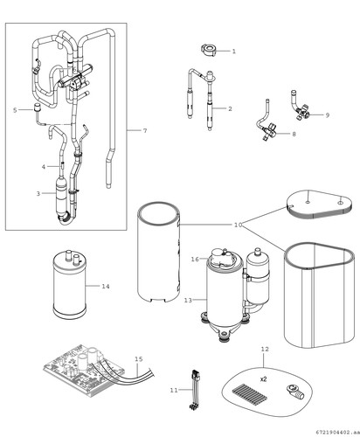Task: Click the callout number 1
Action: [233, 52]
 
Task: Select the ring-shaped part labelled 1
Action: [209, 50]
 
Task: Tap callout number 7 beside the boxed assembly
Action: [145, 130]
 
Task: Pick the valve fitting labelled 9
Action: [301, 109]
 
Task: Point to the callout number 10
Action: [238, 225]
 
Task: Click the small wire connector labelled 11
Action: [193, 390]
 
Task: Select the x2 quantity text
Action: [263, 379]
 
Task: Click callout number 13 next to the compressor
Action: [188, 300]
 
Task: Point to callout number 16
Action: [195, 259]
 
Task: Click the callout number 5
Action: [15, 110]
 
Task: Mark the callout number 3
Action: [38, 193]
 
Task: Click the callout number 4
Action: [44, 167]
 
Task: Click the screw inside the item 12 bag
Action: [295, 392]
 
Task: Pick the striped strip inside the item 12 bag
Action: [250, 393]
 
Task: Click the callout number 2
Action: [230, 109]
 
